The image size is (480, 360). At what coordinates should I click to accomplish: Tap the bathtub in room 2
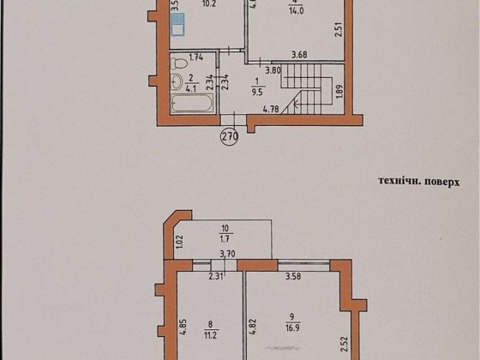pos(191,104)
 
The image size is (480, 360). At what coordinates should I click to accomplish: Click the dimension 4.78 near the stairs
pos(272,109)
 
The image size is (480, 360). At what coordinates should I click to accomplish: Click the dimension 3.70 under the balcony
pos(227,254)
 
